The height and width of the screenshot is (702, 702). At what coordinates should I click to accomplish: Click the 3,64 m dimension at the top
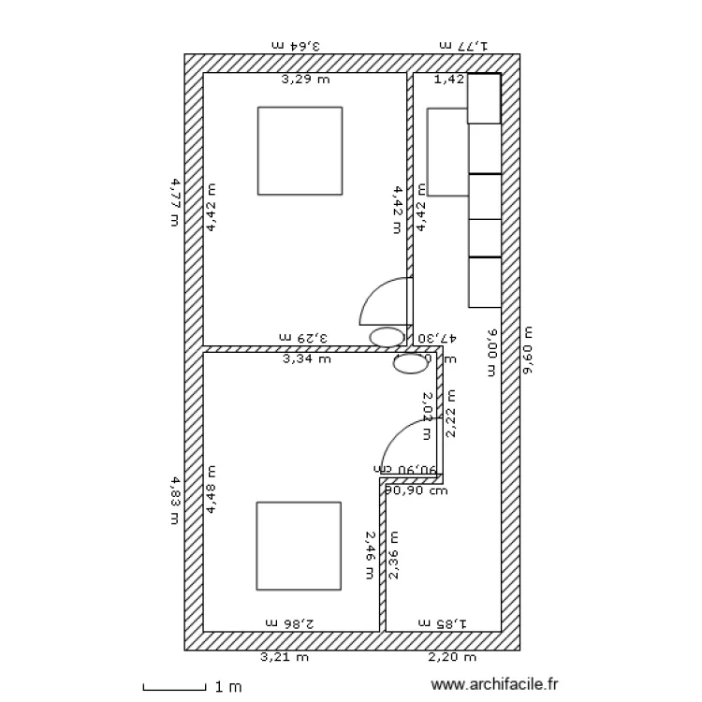[296, 44]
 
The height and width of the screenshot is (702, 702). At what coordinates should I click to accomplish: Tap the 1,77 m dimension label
[464, 44]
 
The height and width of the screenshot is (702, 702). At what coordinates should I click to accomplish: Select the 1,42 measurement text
[448, 80]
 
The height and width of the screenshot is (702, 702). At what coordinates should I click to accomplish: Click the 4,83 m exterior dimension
[174, 501]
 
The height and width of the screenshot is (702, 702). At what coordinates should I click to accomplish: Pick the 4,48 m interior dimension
[211, 490]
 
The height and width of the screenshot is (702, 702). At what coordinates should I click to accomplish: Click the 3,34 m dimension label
[306, 358]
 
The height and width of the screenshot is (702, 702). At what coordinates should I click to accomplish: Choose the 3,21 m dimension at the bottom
[284, 657]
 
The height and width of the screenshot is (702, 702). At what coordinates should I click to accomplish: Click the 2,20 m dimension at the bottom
[452, 657]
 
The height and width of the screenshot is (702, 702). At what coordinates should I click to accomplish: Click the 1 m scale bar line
[174, 690]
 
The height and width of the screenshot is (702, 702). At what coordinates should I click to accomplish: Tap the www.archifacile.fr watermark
[497, 686]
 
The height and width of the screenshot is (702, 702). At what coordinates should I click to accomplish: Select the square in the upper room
[300, 151]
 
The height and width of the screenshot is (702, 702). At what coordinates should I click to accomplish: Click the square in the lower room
[300, 546]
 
